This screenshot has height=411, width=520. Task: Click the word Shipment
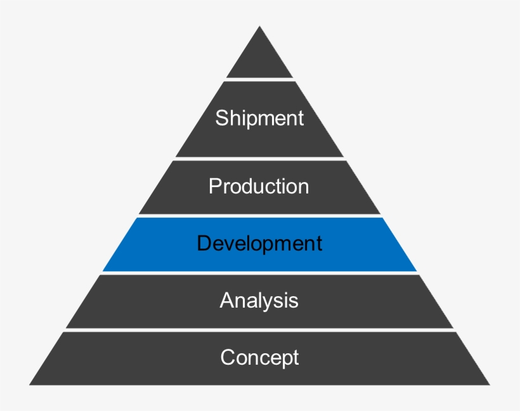259,118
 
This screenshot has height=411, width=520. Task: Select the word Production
259,186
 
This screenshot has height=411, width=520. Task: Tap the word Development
259,244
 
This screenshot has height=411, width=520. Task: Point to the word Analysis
259,300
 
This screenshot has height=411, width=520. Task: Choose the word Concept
259,358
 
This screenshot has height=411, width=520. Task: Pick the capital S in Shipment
221,118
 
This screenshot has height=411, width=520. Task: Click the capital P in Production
214,186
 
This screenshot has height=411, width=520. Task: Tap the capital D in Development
203,244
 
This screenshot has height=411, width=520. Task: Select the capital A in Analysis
226,300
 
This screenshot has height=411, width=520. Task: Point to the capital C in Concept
227,358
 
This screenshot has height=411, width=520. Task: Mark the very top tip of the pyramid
259,27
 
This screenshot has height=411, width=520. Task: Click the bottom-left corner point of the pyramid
29,384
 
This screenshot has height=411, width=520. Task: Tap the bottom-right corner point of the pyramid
490,384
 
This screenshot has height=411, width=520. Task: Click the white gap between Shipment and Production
259,159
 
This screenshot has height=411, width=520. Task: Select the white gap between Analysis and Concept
259,330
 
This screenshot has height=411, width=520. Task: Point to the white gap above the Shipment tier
259,79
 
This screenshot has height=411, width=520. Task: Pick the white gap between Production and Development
259,216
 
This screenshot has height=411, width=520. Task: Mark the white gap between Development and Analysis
259,273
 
